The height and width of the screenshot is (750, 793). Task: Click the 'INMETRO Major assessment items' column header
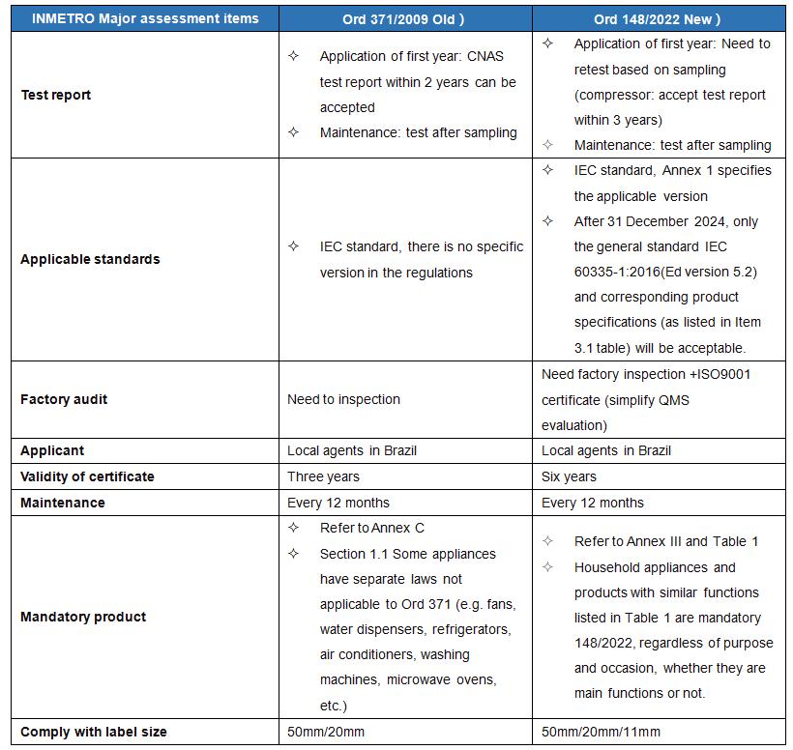[139, 18]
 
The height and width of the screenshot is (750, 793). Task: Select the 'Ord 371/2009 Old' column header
[404, 18]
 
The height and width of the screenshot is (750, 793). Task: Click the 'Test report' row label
[56, 95]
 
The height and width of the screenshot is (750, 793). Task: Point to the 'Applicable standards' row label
[90, 259]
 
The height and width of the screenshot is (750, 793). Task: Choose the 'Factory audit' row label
[64, 399]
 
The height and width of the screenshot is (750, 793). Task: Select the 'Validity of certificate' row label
[87, 476]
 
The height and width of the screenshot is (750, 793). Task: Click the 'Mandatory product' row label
[83, 617]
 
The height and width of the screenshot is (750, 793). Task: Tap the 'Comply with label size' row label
[94, 732]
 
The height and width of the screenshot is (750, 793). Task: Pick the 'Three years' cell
[323, 476]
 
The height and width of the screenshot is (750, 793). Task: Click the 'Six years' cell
[569, 476]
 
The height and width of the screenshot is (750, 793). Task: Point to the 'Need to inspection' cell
[343, 399]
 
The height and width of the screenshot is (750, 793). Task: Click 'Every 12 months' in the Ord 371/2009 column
[338, 503]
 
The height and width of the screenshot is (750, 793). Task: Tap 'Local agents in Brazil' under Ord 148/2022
[606, 450]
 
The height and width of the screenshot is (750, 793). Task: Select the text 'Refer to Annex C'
[371, 528]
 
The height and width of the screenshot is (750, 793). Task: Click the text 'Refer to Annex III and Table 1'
[666, 541]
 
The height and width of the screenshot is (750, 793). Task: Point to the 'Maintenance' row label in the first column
[63, 503]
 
